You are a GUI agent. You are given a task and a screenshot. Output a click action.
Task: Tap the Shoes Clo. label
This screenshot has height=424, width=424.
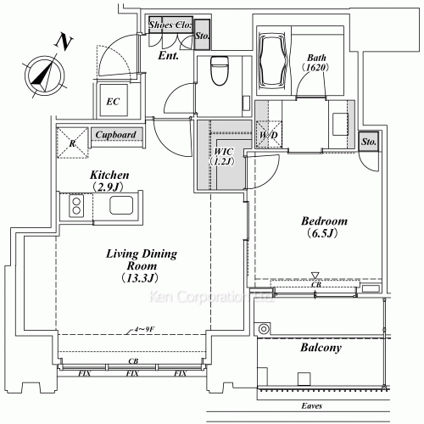[x=170, y=25]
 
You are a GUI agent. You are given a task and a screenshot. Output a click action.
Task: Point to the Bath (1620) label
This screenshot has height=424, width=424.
[x=318, y=63]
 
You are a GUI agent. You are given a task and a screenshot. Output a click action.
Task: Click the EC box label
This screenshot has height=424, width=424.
[x=114, y=102]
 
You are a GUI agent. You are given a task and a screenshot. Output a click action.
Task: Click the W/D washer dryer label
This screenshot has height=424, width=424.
[x=268, y=135]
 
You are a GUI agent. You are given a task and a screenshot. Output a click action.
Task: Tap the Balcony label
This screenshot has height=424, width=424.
[x=321, y=348]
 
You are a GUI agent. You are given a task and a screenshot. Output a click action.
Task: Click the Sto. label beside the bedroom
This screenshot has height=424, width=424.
[x=369, y=143]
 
